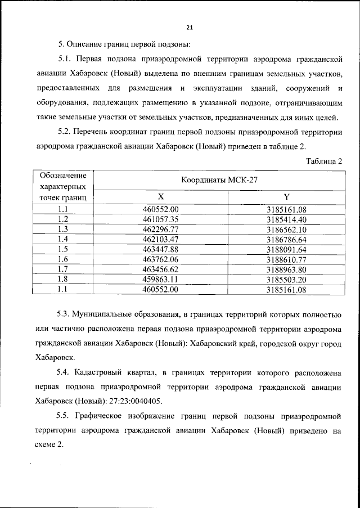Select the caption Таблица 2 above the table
[324, 161]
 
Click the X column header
[161, 197]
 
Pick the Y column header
[287, 197]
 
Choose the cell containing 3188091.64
[286, 249]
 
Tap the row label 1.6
[63, 259]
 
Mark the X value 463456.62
[161, 269]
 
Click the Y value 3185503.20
[286, 279]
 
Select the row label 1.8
[63, 279]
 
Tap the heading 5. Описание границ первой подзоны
[125, 44]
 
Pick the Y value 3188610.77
[286, 259]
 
